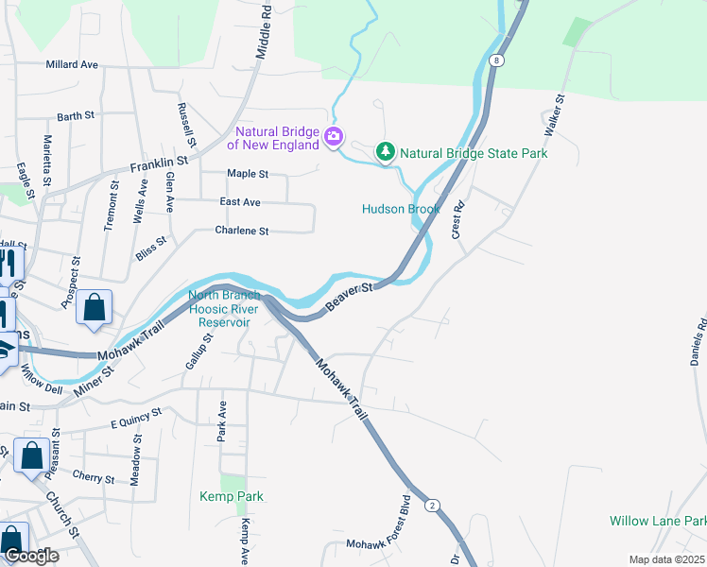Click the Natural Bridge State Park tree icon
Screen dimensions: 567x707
coord(385,152)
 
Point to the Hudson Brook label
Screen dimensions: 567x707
coord(401,209)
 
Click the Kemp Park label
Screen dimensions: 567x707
coord(231,496)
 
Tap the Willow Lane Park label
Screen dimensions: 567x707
coord(658,521)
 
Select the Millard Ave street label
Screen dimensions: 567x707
coord(72,65)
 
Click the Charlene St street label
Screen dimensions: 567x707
coord(242,231)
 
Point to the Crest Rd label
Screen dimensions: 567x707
coord(458,219)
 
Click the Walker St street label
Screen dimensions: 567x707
coord(552,112)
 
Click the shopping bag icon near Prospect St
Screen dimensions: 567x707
coord(94,307)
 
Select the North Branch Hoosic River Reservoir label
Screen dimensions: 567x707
coord(224,308)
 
